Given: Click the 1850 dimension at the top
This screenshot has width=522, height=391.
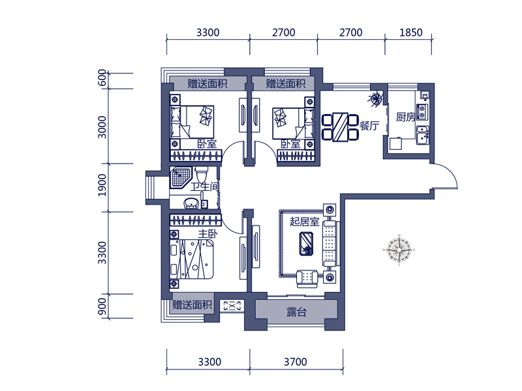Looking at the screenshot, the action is (x=411, y=32).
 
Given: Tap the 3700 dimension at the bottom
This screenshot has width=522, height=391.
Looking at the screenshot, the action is (x=296, y=362).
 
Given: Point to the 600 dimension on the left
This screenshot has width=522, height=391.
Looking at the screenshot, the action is (x=103, y=78).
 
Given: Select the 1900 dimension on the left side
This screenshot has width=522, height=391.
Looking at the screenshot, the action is (x=103, y=185).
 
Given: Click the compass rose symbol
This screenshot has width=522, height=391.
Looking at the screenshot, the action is (x=399, y=250).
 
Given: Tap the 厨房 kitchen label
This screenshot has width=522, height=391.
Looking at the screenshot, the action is (x=405, y=117).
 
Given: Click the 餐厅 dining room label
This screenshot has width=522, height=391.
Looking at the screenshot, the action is (x=369, y=125).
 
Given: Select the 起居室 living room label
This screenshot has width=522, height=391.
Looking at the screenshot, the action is (x=304, y=222).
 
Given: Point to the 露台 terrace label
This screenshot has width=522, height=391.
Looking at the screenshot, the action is (x=296, y=312).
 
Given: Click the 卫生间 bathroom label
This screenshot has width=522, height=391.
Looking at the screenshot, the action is (x=205, y=186).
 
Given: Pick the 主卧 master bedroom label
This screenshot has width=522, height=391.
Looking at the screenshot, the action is (x=207, y=234).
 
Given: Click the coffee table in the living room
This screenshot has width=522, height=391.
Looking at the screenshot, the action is (x=306, y=244).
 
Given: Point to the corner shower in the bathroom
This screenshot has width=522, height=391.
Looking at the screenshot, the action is (x=181, y=177).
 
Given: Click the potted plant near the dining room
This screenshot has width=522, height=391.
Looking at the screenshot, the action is (x=376, y=98).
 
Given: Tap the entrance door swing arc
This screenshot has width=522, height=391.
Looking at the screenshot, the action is (x=450, y=172).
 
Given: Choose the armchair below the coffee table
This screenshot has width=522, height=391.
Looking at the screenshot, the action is (x=307, y=278).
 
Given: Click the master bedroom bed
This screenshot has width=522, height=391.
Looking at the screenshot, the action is (x=191, y=259).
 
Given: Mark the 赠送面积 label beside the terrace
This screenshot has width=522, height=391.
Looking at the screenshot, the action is (x=192, y=304).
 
